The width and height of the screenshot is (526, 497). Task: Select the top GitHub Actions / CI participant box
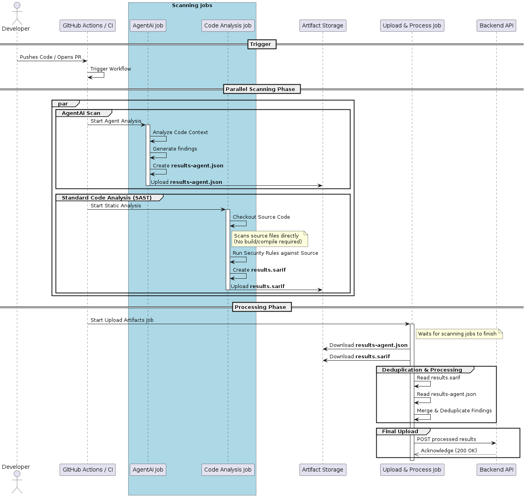(x=87, y=25)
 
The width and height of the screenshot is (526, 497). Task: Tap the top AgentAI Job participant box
(x=148, y=25)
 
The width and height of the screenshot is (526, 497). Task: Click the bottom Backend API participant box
(x=496, y=470)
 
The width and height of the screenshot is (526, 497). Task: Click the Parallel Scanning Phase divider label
(x=262, y=89)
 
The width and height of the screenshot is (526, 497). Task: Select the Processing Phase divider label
(x=262, y=307)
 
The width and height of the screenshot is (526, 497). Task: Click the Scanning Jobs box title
(x=192, y=5)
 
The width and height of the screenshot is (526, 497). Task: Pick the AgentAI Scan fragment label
(x=81, y=113)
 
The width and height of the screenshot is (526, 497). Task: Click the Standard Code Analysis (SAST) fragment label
(x=107, y=198)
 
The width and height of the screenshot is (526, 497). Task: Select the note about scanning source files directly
(x=270, y=239)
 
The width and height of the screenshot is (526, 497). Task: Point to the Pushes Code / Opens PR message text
(x=51, y=57)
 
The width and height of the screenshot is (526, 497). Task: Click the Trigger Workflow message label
(x=111, y=69)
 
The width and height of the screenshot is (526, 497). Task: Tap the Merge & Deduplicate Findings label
(x=454, y=410)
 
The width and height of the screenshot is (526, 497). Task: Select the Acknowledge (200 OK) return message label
(x=449, y=450)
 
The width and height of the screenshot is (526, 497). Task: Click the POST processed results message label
(x=446, y=439)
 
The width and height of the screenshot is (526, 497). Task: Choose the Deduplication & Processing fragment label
(x=422, y=370)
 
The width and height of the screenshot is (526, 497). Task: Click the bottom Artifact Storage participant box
(x=323, y=470)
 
